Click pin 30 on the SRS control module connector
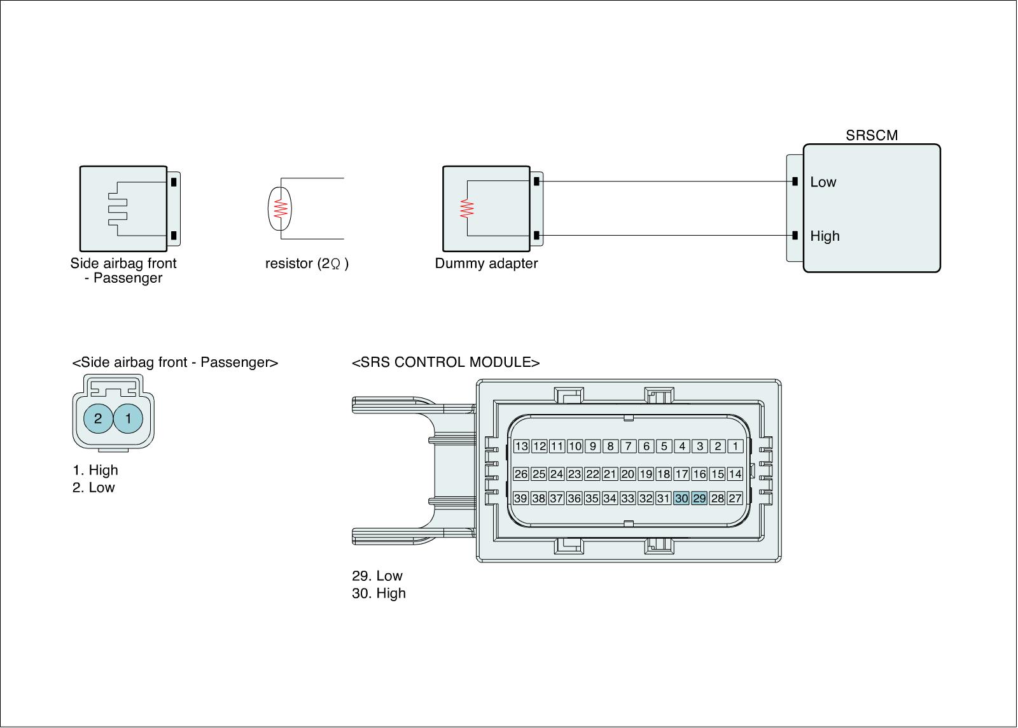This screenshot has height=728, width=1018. click(681, 499)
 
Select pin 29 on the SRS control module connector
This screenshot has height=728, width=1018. click(699, 499)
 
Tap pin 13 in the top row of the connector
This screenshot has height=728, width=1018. click(521, 446)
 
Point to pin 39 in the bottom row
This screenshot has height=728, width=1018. click(521, 499)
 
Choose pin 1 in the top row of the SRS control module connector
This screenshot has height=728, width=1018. click(735, 446)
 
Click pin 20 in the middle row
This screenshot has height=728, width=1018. click(628, 474)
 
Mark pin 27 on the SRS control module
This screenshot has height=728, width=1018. click(735, 499)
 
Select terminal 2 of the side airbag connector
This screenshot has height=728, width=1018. click(98, 418)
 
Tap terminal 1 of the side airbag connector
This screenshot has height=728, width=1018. click(129, 418)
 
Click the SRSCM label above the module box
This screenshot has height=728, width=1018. click(872, 136)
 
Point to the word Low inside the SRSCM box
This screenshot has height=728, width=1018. click(823, 182)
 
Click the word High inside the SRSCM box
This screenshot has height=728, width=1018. click(825, 236)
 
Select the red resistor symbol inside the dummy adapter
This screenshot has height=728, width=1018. click(468, 209)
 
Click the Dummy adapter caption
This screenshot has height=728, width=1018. click(486, 264)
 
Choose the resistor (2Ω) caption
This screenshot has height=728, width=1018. click(307, 264)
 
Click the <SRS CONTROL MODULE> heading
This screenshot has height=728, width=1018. click(445, 362)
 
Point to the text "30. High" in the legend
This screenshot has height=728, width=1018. click(379, 594)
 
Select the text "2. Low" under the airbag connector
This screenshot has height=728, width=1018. click(94, 488)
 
